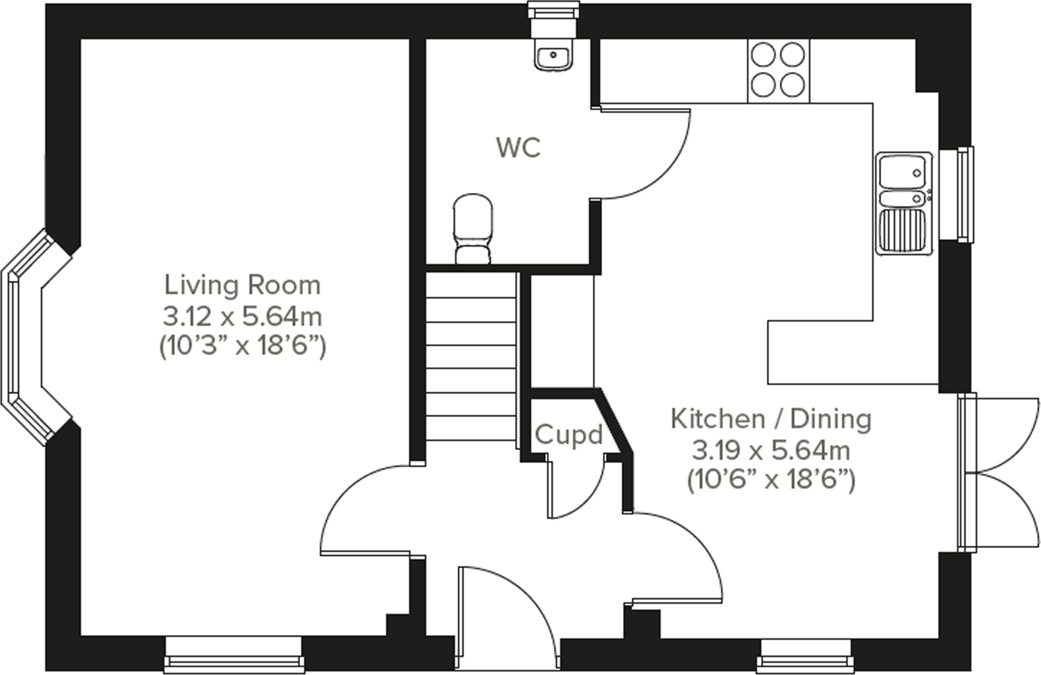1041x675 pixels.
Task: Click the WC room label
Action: [518, 148]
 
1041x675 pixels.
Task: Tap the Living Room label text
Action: [242, 285]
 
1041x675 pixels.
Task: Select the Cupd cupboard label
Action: [568, 435]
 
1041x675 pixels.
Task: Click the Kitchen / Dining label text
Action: [771, 419]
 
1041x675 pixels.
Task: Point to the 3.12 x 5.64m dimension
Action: [242, 316]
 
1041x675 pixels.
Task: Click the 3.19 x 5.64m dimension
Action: [771, 450]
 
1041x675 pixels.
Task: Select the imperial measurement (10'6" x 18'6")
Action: [771, 480]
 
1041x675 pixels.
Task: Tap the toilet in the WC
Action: [473, 228]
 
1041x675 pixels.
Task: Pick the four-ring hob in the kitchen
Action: [778, 71]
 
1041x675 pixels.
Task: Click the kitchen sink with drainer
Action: [902, 203]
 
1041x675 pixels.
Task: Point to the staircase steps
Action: [470, 357]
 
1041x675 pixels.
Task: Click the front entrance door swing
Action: [506, 610]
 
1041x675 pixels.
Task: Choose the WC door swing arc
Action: [644, 152]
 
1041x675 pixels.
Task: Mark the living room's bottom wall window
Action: [233, 655]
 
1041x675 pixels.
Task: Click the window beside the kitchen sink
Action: [965, 194]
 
